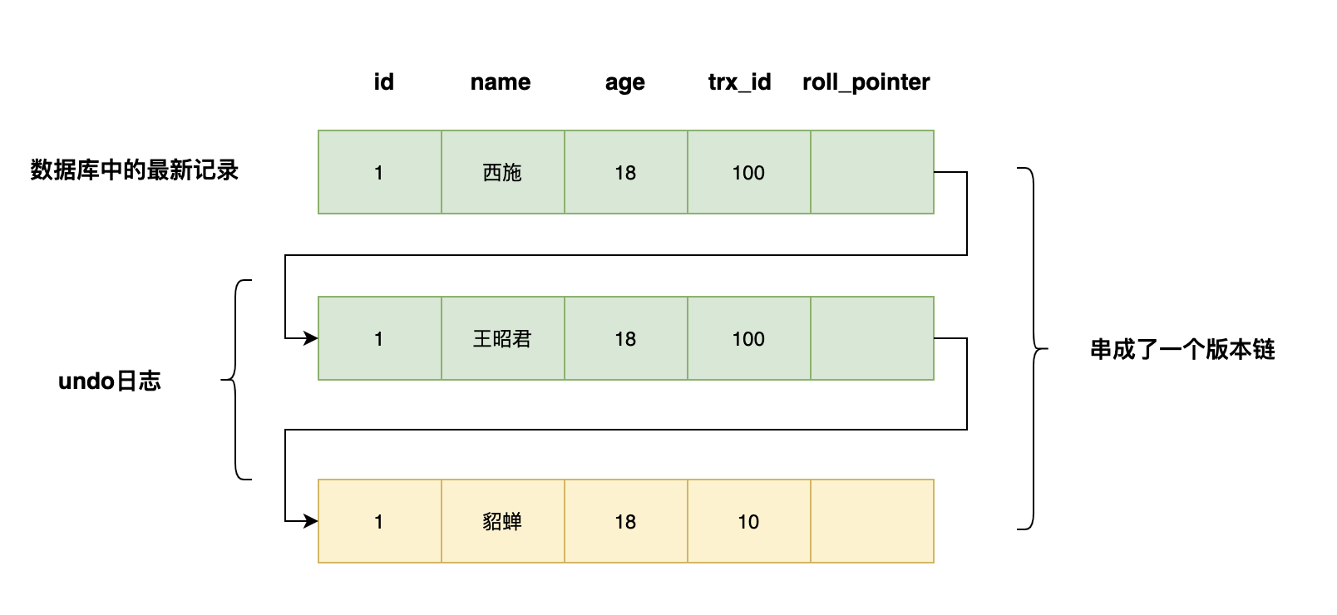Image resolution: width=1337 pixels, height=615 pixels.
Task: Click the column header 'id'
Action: (383, 82)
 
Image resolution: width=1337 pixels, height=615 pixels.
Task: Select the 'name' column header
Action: (500, 82)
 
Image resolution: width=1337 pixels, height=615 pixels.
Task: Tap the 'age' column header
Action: (624, 82)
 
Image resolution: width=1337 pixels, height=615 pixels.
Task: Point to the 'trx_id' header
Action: (739, 82)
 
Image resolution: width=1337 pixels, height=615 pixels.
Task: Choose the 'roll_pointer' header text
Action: (866, 82)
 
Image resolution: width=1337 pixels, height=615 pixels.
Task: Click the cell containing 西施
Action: (502, 172)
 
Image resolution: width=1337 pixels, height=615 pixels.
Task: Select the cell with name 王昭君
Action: (502, 338)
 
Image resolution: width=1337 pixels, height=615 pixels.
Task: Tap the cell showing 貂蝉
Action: (502, 521)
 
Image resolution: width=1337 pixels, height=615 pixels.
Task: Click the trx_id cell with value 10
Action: (748, 521)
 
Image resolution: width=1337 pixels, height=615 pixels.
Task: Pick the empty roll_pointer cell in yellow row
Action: (871, 521)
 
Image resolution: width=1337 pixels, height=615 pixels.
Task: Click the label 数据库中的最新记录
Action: (135, 170)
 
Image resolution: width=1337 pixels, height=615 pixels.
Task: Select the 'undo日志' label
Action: (109, 381)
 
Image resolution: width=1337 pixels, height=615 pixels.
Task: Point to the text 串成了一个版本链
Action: (1182, 349)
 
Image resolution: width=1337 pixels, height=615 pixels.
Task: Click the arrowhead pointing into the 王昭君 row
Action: (311, 338)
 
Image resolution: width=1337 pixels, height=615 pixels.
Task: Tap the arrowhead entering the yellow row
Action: (311, 521)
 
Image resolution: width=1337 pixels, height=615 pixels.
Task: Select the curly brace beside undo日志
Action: (236, 380)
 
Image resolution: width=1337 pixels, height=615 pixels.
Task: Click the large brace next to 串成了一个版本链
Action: (1034, 349)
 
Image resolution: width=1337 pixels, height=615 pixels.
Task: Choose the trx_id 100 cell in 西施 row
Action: (748, 172)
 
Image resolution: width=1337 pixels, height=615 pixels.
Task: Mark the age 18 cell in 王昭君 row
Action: (625, 338)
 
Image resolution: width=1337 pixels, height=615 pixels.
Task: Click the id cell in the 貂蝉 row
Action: (379, 521)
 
